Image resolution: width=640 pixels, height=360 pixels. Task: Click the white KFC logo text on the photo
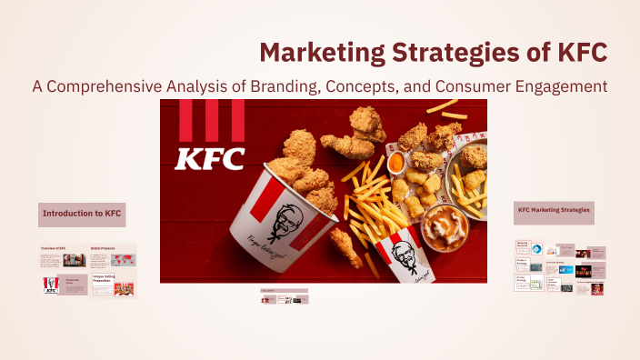[x=210, y=158]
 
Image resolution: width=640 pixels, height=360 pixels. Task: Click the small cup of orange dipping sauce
[x=395, y=162]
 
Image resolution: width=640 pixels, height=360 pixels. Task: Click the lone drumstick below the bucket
[x=345, y=245]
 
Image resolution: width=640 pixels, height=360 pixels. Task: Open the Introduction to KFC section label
[x=82, y=214]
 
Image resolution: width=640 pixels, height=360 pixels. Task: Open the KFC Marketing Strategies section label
[x=554, y=211]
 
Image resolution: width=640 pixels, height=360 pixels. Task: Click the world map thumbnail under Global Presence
[x=113, y=259]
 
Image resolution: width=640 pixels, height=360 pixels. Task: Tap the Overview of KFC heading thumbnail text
[x=55, y=248]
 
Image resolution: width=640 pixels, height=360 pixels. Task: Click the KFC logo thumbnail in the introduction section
[x=50, y=287]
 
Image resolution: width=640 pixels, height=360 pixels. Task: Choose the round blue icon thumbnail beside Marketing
[x=537, y=249]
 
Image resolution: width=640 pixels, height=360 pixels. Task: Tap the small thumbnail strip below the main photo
[x=284, y=298]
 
